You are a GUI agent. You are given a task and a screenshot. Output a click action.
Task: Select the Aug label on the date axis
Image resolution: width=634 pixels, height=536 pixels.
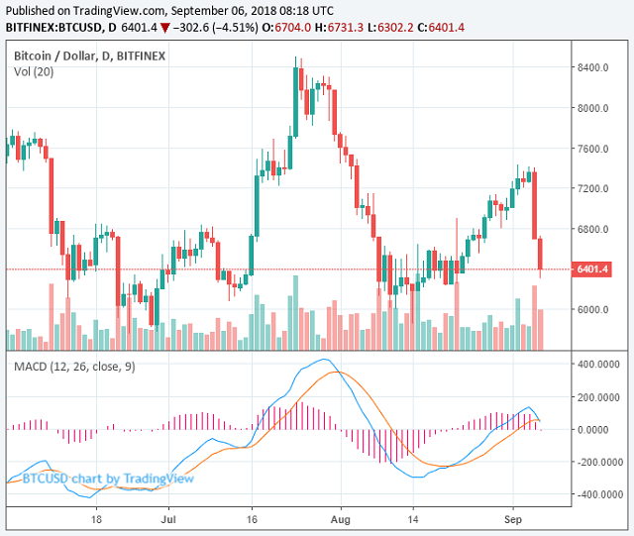(x=340, y=518)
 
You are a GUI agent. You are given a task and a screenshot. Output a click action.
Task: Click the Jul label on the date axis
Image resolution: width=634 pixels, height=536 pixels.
(x=167, y=518)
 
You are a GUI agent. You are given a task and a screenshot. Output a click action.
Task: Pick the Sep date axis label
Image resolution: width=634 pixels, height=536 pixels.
(x=512, y=518)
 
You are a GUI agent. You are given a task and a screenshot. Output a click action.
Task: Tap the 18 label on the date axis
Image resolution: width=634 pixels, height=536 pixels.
(x=96, y=518)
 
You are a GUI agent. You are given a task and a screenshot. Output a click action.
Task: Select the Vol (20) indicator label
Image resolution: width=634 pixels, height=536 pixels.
(x=35, y=71)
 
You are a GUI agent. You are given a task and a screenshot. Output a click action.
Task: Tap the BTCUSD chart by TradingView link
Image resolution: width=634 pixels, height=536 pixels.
(x=109, y=480)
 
